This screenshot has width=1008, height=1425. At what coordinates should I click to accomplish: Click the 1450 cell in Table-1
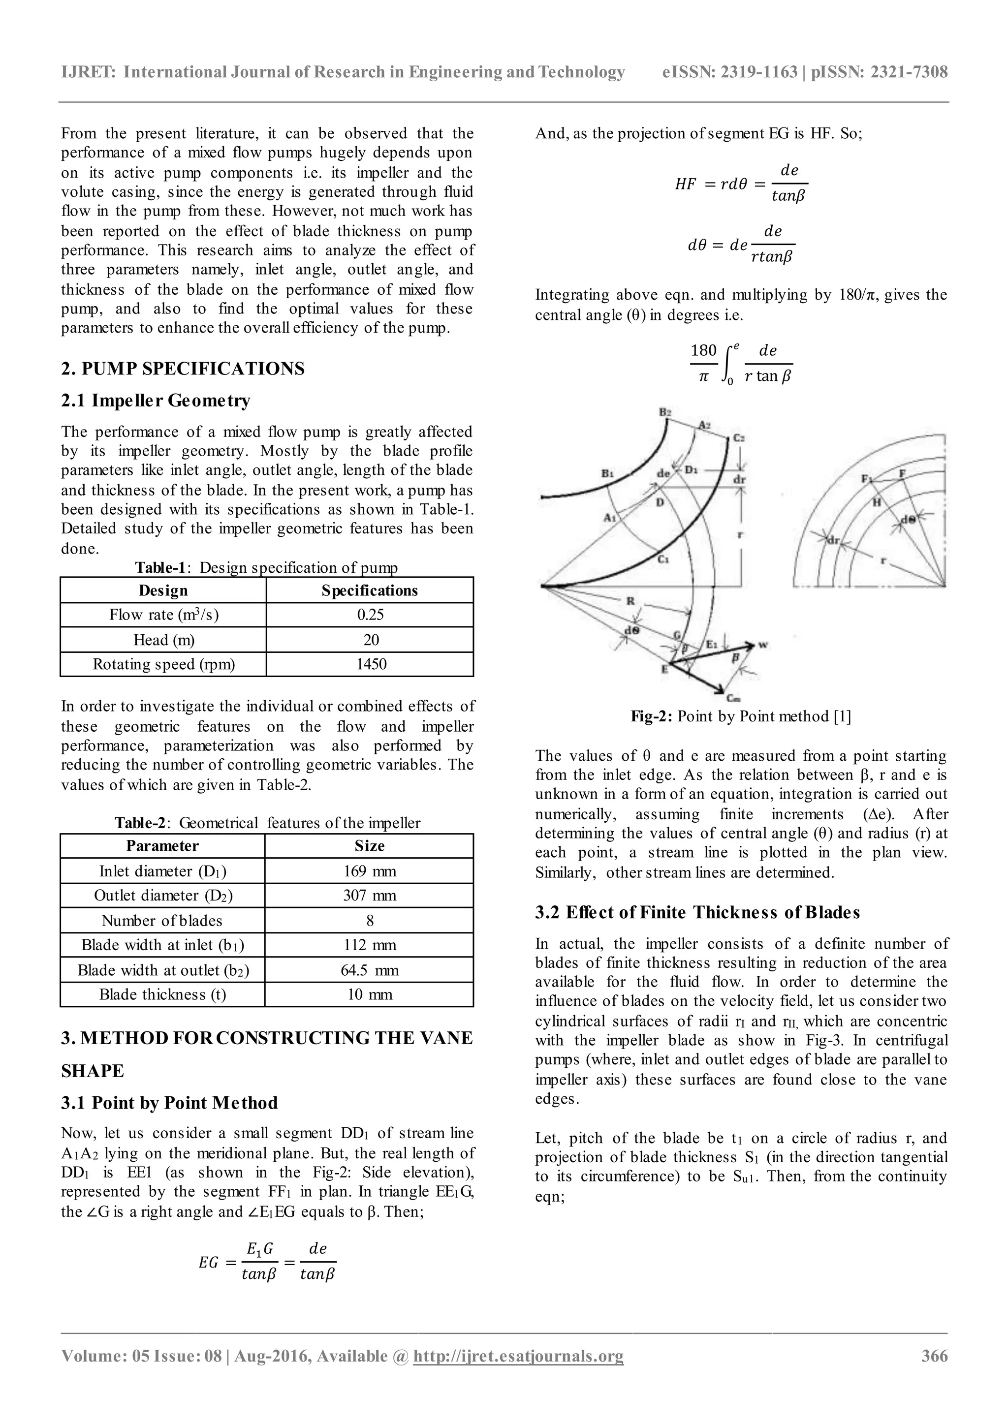[x=371, y=664]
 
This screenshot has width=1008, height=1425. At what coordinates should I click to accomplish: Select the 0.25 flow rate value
[x=371, y=615]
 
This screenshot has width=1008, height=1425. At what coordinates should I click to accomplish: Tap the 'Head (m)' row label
[x=164, y=639]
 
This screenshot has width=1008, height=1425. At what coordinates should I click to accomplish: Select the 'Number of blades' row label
[x=162, y=921]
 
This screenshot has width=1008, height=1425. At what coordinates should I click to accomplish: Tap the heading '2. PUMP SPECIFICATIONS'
[x=183, y=369]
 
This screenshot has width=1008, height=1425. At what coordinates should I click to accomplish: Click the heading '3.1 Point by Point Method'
[x=169, y=1102]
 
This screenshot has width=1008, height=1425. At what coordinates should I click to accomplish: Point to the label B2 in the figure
[x=665, y=412]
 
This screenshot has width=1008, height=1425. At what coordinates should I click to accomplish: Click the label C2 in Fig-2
[x=739, y=437]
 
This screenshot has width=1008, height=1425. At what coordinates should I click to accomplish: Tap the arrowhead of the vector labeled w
[x=752, y=646]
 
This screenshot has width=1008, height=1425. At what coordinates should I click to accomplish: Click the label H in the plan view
[x=877, y=501]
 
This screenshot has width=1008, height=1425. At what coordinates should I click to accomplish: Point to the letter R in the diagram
[x=630, y=600]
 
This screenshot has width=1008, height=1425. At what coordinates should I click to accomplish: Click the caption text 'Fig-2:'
[x=652, y=716]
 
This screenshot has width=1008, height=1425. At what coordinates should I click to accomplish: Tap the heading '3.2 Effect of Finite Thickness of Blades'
[x=697, y=912]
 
